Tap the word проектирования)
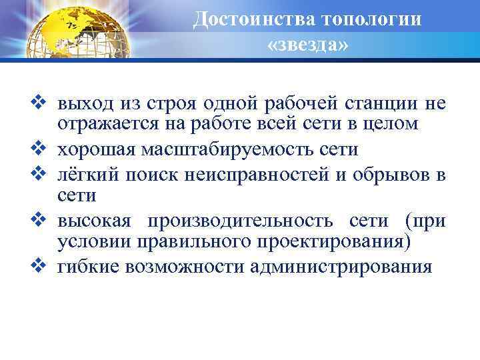click(340, 242)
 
